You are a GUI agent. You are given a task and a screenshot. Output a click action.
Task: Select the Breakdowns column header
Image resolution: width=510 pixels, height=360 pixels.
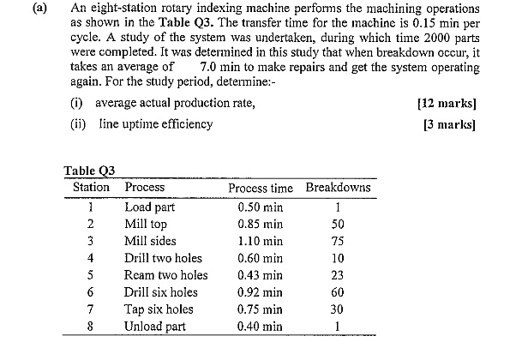pos(339,187)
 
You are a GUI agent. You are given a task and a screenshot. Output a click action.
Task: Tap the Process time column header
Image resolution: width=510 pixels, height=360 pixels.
pos(261,187)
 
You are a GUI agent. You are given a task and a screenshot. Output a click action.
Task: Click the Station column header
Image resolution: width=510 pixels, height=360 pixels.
pos(91,187)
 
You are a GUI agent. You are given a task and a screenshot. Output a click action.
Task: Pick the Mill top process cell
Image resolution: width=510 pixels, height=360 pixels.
pos(146,224)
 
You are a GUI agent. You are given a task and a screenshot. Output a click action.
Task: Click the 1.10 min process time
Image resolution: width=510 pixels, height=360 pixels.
pos(261,241)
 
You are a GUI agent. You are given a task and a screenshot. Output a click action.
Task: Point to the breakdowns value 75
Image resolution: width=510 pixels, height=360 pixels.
pos(339,241)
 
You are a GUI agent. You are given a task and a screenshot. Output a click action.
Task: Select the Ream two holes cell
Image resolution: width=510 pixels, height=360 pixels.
pos(166,275)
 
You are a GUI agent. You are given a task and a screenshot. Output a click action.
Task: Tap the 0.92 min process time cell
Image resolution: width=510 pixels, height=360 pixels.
pos(261,292)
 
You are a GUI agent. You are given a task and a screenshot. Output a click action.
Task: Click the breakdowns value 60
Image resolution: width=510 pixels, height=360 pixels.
pos(339,292)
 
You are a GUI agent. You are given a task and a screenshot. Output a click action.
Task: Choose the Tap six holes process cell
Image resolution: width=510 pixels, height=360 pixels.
pos(159,309)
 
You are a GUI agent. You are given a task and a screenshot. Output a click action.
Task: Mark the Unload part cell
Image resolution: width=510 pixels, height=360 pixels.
pos(155,327)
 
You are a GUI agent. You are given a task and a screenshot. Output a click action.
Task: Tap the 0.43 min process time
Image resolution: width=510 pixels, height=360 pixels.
pos(261,275)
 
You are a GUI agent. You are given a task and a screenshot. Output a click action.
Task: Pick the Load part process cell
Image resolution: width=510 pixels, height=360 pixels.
pos(149,207)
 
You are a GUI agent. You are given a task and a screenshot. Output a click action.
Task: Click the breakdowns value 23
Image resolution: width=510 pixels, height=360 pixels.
pos(339,275)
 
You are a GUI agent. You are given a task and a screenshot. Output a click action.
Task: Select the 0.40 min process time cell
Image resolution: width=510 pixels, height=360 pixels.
pos(261,327)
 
